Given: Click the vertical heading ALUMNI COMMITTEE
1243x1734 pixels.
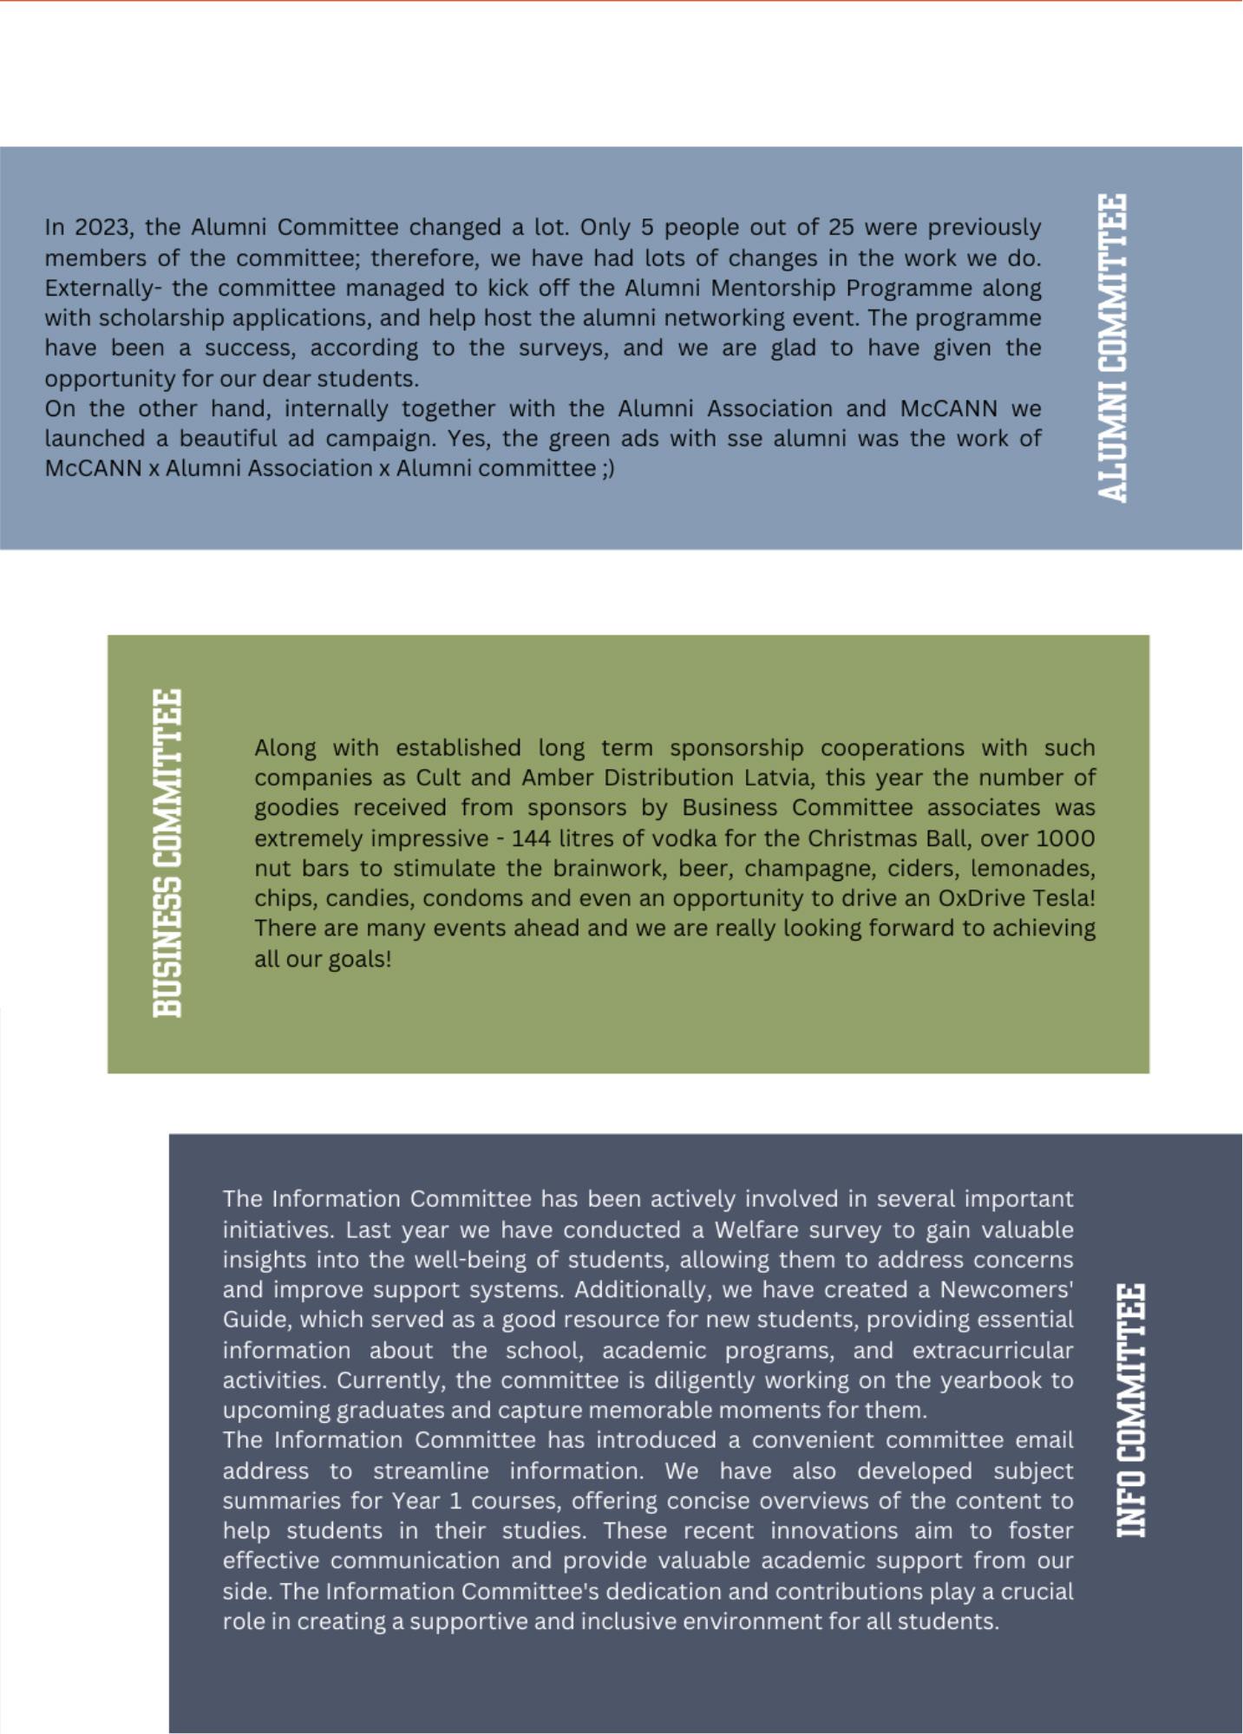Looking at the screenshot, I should tap(1112, 348).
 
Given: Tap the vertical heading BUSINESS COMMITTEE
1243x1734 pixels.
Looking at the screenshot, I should tap(167, 853).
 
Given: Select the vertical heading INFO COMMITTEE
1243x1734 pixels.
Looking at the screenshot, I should tap(1130, 1411).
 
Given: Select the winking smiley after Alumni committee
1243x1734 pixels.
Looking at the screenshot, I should tap(607, 468).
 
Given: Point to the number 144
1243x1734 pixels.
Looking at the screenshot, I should tap(530, 838).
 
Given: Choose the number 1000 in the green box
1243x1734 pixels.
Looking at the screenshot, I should tap(1065, 838).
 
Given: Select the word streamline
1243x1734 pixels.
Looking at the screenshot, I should tap(431, 1471).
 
